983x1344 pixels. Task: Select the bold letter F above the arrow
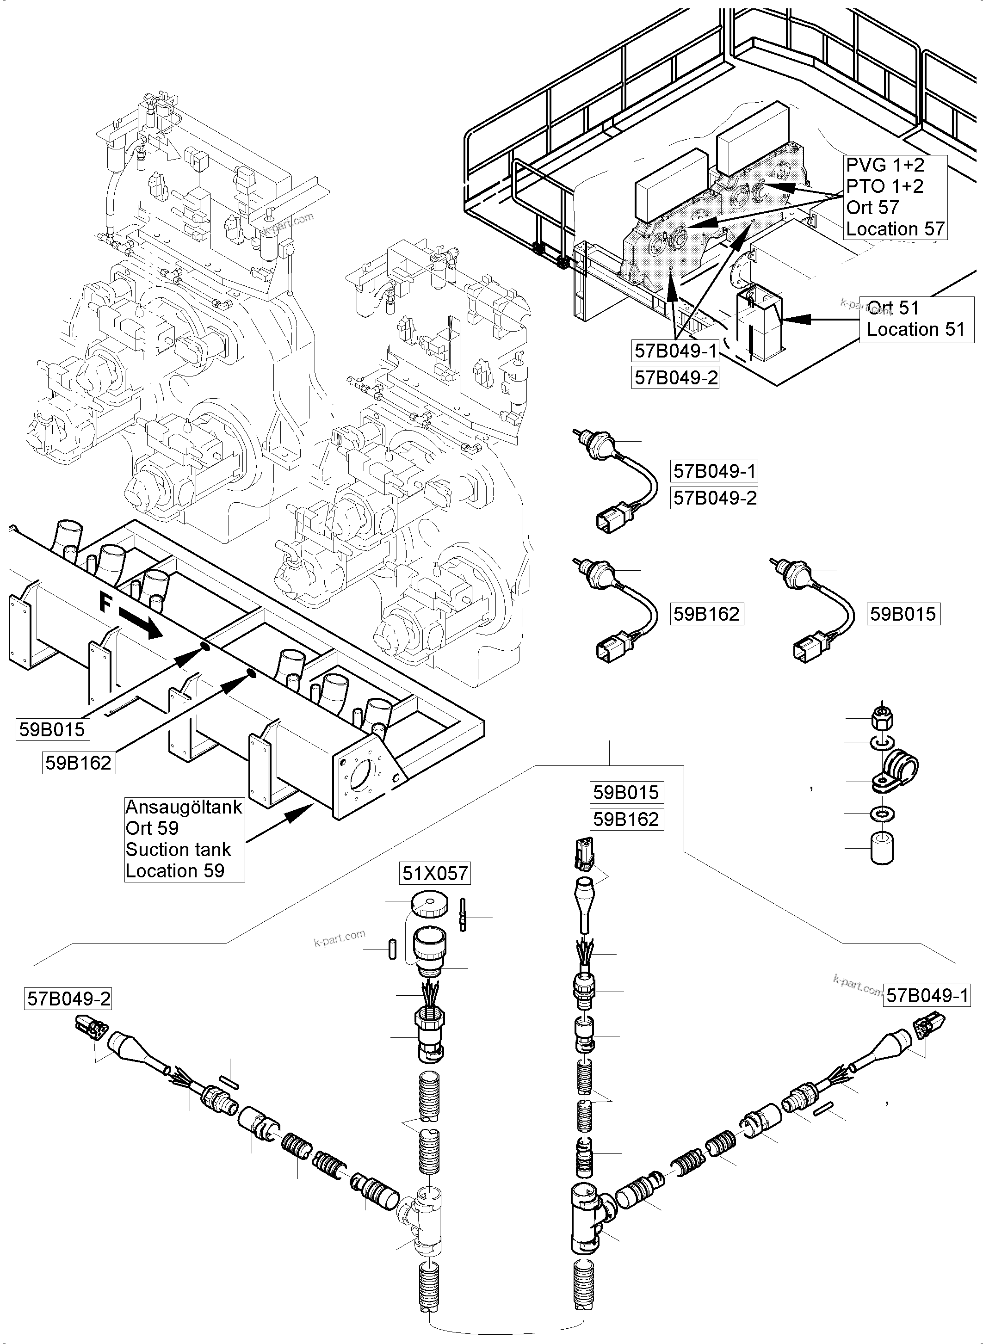click(x=105, y=604)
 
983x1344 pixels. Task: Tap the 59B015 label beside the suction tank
click(x=52, y=729)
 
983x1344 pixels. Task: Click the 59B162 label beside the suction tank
click(x=79, y=763)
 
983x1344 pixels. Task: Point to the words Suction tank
click(x=178, y=850)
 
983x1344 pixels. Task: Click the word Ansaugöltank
click(x=184, y=808)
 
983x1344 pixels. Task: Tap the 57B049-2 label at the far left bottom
click(x=69, y=999)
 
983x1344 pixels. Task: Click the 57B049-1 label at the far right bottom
click(x=927, y=995)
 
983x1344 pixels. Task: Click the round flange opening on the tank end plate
click(x=364, y=777)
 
